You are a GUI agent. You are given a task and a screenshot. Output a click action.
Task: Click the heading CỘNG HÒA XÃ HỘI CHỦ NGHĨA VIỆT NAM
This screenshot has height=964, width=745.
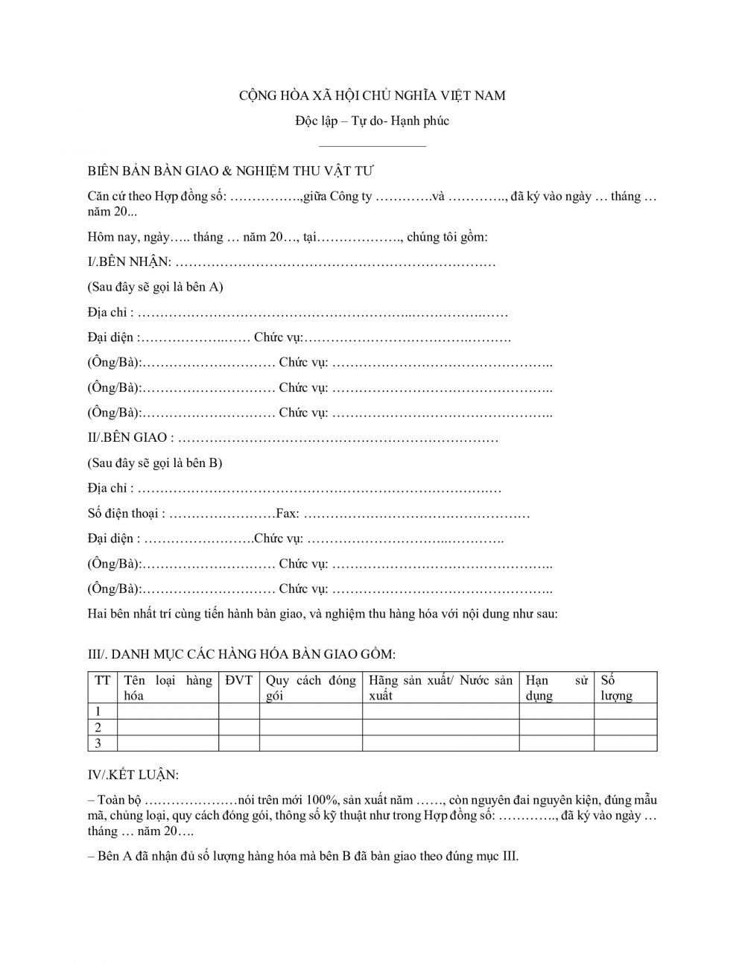[x=372, y=95]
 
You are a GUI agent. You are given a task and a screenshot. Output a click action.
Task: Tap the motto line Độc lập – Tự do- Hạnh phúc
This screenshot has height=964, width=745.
[x=372, y=121]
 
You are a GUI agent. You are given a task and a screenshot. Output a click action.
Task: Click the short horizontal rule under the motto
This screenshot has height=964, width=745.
[x=372, y=146]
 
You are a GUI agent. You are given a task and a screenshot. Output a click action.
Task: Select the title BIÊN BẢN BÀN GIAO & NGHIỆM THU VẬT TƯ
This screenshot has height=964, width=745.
[x=230, y=171]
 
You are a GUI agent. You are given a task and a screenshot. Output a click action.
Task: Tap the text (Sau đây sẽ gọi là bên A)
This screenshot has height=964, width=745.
[x=155, y=287]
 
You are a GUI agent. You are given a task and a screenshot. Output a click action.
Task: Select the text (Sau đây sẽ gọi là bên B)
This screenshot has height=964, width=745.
[x=155, y=463]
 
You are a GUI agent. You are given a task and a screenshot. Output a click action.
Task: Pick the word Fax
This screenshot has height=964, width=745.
[x=287, y=514]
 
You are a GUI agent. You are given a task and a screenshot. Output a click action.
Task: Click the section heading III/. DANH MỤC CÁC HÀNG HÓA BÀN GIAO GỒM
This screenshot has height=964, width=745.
[x=241, y=654]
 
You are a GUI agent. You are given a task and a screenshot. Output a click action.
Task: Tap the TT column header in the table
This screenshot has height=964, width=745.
[x=103, y=680]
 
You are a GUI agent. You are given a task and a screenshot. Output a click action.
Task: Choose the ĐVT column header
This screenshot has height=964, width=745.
[x=238, y=680]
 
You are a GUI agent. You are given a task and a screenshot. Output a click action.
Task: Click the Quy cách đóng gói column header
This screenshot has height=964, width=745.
[x=311, y=688]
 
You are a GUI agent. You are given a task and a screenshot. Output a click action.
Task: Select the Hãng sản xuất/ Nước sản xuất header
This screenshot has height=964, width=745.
[x=440, y=688]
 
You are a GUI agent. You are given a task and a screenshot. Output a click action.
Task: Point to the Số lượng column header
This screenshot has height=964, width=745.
[x=616, y=688]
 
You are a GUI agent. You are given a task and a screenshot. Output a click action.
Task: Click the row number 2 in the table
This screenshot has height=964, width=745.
[x=98, y=727]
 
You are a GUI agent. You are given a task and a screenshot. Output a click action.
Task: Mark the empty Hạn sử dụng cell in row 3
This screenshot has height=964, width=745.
[x=556, y=743]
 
